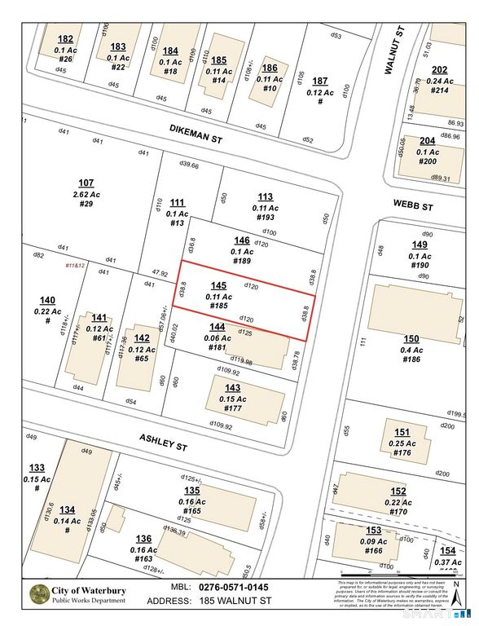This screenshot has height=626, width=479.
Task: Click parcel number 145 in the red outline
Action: [218, 285]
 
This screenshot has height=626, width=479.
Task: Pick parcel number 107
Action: [86, 183]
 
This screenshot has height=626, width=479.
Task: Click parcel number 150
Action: [411, 338]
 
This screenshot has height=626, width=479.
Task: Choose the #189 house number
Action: [241, 261]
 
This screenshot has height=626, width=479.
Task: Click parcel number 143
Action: [233, 387]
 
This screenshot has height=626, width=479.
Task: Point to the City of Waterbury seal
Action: [37, 594]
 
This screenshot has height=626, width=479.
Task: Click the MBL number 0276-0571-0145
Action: [236, 587]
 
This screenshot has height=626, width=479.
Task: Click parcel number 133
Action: [37, 468]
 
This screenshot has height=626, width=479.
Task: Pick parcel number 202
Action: [439, 69]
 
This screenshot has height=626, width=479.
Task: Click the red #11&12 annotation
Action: [76, 265]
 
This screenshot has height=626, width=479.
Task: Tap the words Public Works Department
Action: [89, 601]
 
